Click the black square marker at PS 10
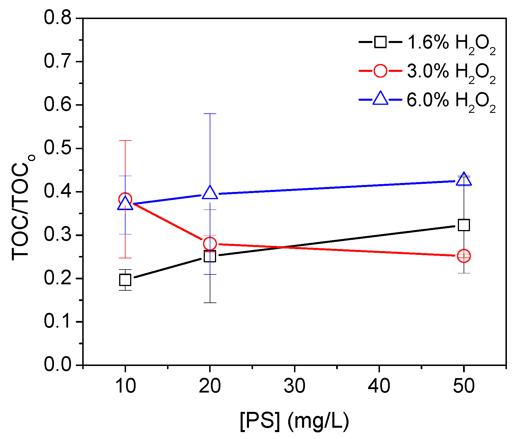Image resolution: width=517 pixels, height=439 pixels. [x=125, y=280]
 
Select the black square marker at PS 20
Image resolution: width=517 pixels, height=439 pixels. [x=210, y=256]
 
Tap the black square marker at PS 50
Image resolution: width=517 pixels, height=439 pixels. [x=464, y=225]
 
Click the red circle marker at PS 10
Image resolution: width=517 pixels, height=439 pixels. [x=125, y=199]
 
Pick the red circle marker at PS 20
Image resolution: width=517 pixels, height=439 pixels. [x=210, y=244]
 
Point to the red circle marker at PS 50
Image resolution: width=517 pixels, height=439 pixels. [x=464, y=256]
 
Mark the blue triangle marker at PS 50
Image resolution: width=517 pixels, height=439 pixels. [x=464, y=180]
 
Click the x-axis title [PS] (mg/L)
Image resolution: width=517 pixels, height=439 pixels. [x=294, y=421]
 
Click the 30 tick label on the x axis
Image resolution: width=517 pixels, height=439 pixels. [x=294, y=386]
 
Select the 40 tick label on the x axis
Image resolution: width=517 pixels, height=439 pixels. [x=379, y=386]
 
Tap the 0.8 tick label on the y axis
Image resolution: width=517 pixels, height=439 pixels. [x=57, y=18]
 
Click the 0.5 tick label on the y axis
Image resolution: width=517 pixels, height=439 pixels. [x=57, y=148]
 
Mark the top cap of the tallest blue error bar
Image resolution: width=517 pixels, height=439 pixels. [x=210, y=114]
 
